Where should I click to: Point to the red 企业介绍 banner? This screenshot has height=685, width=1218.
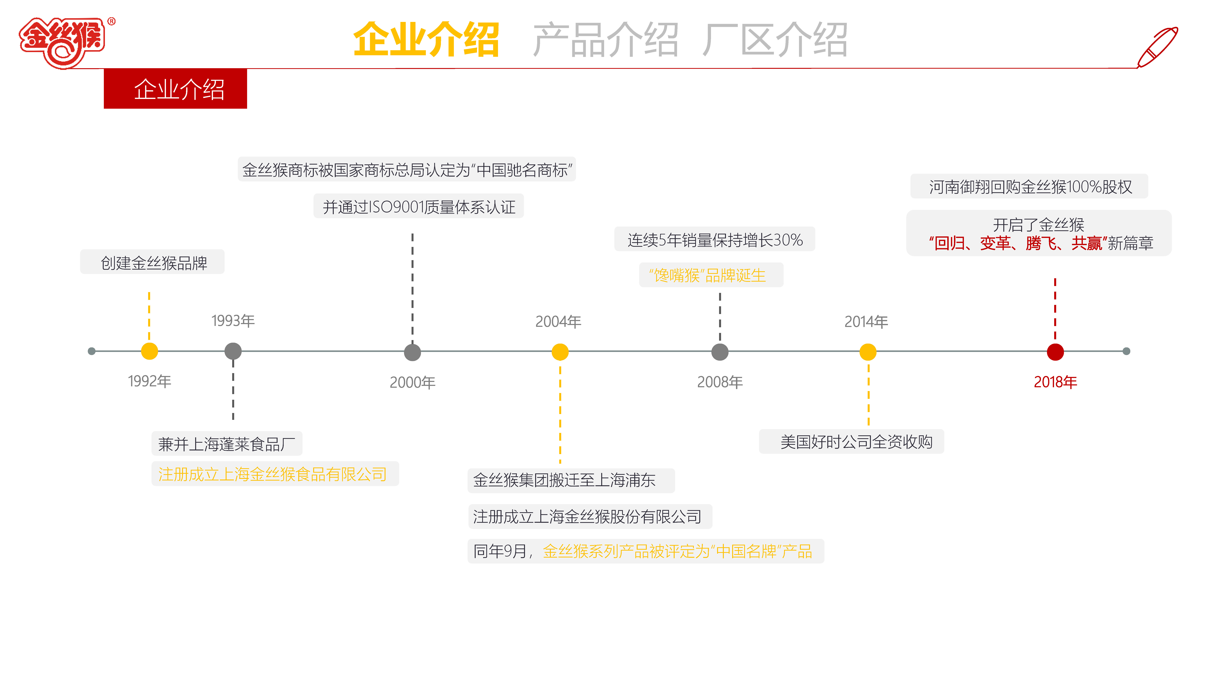pos(175,89)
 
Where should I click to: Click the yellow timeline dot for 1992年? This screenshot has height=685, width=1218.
pos(149,351)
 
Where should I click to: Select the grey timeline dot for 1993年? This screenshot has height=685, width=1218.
pos(233,351)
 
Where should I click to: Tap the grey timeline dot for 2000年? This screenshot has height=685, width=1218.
pos(412,352)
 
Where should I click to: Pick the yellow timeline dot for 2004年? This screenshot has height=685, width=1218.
pos(560,352)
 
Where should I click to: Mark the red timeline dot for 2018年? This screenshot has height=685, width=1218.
pos(1055,352)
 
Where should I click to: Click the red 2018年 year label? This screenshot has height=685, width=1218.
pos(1055,382)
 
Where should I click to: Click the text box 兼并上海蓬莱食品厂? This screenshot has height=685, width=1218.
pos(227,444)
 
